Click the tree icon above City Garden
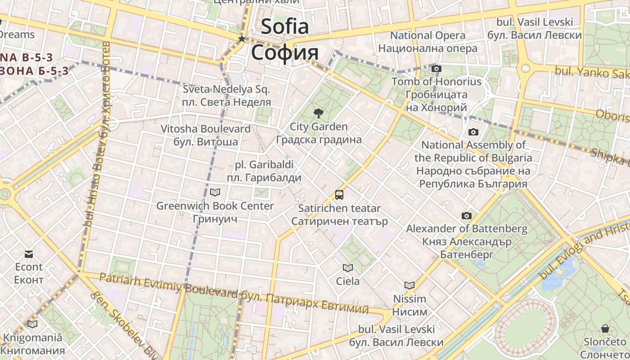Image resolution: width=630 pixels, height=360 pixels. pyautogui.click(x=319, y=113)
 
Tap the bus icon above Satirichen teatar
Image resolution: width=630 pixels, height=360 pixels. pyautogui.click(x=339, y=195)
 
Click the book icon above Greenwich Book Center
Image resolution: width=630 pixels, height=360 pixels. pyautogui.click(x=215, y=193)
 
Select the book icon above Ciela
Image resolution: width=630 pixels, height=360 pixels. pyautogui.click(x=347, y=268)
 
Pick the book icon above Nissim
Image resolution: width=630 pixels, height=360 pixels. pyautogui.click(x=409, y=285)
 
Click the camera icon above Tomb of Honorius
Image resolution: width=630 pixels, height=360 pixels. pyautogui.click(x=436, y=69)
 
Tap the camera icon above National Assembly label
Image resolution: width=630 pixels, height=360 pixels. pyautogui.click(x=473, y=132)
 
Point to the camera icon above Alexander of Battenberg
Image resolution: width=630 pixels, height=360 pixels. pyautogui.click(x=467, y=216)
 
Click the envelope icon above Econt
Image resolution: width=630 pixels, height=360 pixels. pyautogui.click(x=29, y=254)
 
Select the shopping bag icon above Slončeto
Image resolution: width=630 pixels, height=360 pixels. pyautogui.click(x=605, y=328)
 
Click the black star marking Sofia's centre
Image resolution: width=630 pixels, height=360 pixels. pyautogui.click(x=242, y=39)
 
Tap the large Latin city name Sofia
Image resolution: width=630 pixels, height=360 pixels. pyautogui.click(x=285, y=26)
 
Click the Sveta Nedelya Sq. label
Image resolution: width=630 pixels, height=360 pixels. pyautogui.click(x=226, y=89)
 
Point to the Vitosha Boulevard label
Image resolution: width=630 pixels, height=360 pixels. pyautogui.click(x=206, y=129)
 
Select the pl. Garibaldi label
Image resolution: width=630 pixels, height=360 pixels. pyautogui.click(x=264, y=165)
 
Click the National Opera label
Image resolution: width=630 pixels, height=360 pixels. pyautogui.click(x=427, y=35)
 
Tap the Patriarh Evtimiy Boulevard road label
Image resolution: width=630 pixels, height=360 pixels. pyautogui.click(x=168, y=286)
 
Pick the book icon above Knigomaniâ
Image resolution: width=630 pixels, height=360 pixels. pyautogui.click(x=32, y=324)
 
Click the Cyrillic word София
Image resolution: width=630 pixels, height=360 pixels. pyautogui.click(x=285, y=52)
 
